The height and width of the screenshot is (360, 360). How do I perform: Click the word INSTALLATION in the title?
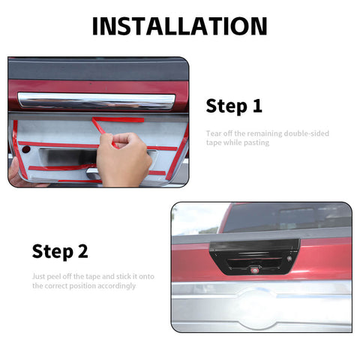pyautogui.click(x=179, y=26)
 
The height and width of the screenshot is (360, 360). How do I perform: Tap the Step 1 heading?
pyautogui.click(x=234, y=106)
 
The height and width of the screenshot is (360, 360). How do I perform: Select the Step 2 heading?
pyautogui.click(x=64, y=251)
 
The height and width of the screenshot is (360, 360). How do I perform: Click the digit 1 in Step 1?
pyautogui.click(x=257, y=106)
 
